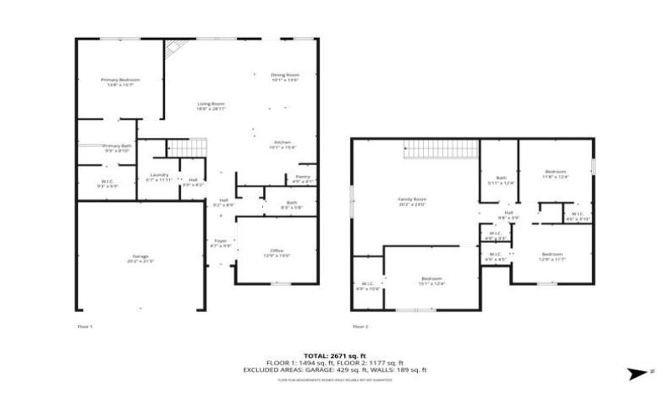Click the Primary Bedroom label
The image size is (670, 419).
point(120,81)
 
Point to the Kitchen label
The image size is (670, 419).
point(281,144)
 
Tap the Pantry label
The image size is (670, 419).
point(302,178)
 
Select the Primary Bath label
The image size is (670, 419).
point(117,147)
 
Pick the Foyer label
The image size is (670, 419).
point(219,243)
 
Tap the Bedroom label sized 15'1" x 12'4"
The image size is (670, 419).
point(431,280)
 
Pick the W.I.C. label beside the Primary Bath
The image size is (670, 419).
point(107,182)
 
